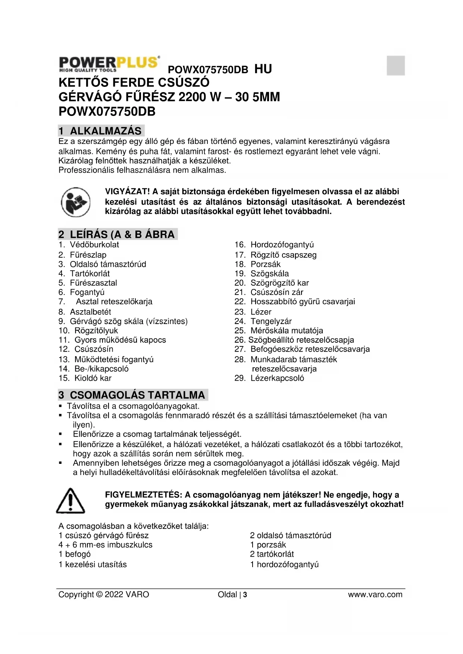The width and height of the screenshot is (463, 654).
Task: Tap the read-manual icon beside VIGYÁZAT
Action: click(76, 202)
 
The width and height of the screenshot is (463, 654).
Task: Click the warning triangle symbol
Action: click(71, 500)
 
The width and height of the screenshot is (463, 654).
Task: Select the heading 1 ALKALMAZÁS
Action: click(101, 131)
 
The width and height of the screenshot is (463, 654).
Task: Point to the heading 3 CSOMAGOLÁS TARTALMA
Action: click(132, 395)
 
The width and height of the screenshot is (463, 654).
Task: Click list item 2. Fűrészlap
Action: click(82, 255)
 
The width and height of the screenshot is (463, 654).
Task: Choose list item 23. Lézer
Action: click(253, 312)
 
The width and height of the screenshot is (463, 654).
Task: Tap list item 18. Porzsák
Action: click(257, 264)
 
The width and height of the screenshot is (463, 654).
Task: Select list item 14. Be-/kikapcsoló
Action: click(94, 369)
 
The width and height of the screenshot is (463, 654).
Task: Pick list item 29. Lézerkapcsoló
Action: click(269, 378)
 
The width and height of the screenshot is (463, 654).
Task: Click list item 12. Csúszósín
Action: click(86, 349)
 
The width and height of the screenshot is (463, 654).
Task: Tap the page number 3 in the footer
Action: click(245, 595)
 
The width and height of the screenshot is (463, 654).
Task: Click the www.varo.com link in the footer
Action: click(375, 594)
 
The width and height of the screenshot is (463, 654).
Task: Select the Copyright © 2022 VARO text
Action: click(104, 594)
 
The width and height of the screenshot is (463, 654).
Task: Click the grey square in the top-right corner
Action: click(395, 66)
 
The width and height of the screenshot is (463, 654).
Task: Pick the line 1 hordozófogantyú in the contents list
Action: click(284, 565)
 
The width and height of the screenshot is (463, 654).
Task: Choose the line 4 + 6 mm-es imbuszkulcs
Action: click(106, 545)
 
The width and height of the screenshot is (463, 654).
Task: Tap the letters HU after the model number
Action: click(263, 69)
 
